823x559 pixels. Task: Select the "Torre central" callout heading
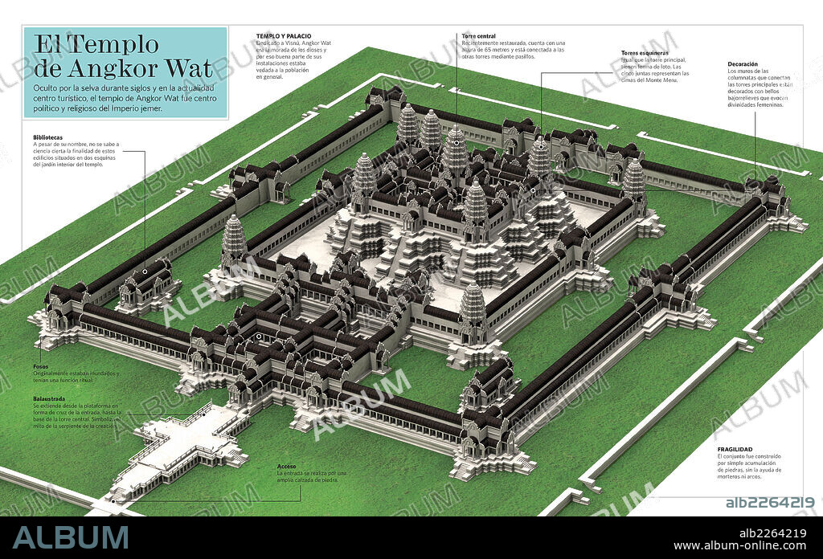[x=479, y=36]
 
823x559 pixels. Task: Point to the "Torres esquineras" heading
[x=645, y=53]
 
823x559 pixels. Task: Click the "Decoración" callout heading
[x=743, y=63]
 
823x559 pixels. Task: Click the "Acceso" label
[x=287, y=466]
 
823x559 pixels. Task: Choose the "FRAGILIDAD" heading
[x=735, y=449]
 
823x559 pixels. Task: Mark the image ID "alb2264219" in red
[x=770, y=503]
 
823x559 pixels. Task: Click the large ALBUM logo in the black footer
[x=71, y=537]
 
